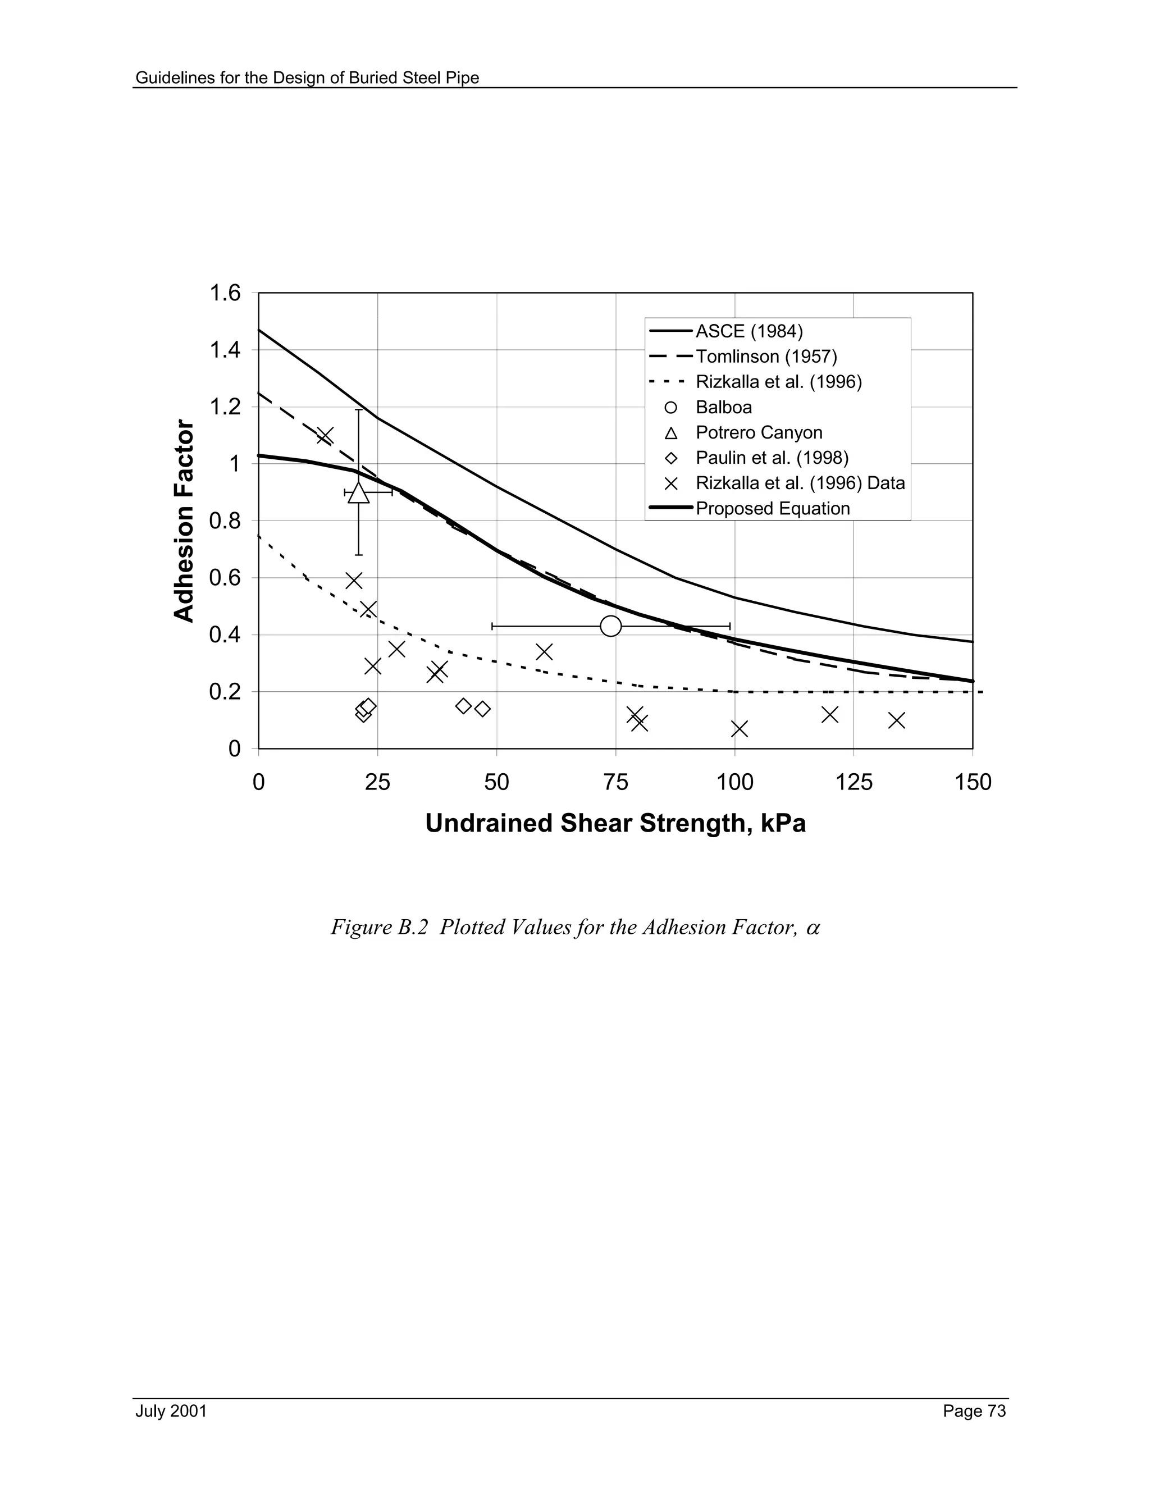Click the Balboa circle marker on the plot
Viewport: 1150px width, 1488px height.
(611, 626)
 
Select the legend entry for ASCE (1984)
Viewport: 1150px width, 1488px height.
(749, 331)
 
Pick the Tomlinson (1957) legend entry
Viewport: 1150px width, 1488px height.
(766, 357)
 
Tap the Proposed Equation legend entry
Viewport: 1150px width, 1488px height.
(773, 508)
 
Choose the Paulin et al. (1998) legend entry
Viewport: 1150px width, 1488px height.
(771, 458)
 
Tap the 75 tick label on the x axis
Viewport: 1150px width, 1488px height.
(616, 782)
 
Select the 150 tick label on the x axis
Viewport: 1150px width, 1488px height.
(972, 782)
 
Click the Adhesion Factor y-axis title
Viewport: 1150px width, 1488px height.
(184, 521)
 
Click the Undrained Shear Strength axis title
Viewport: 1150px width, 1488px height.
(615, 824)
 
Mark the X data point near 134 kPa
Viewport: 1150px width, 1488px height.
(897, 720)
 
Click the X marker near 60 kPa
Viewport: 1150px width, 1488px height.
(544, 652)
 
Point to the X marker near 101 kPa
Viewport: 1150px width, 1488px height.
(739, 729)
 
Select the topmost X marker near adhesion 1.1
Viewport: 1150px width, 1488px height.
(325, 435)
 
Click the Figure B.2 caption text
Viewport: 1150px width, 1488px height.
(575, 927)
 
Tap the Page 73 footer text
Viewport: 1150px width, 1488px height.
(974, 1411)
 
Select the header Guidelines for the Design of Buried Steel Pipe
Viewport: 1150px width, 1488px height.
(307, 77)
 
